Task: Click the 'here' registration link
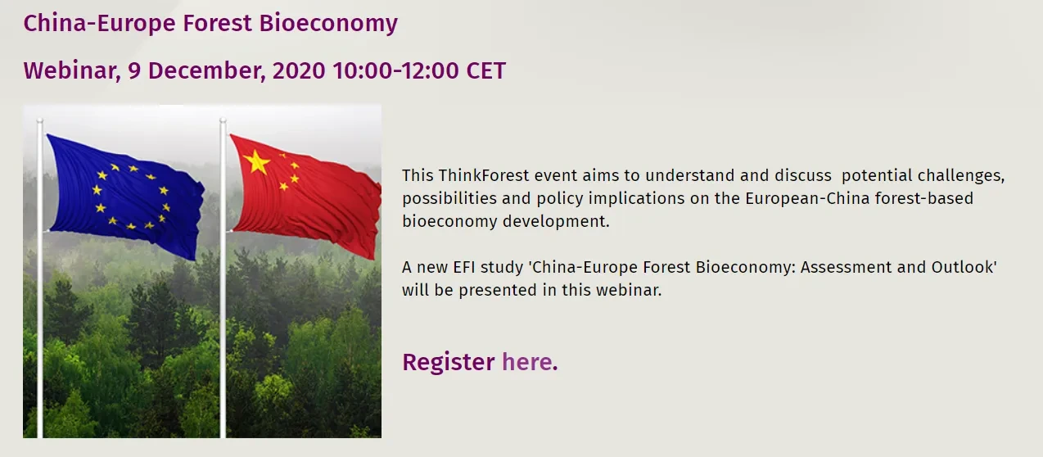(x=529, y=361)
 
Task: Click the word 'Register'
(x=448, y=362)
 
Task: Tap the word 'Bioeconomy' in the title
(x=328, y=23)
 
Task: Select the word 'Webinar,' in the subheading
(x=72, y=70)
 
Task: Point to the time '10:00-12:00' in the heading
(x=396, y=70)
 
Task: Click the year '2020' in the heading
(x=299, y=70)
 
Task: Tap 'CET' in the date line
(x=485, y=70)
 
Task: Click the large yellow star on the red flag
(x=257, y=161)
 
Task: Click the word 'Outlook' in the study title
(x=963, y=268)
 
